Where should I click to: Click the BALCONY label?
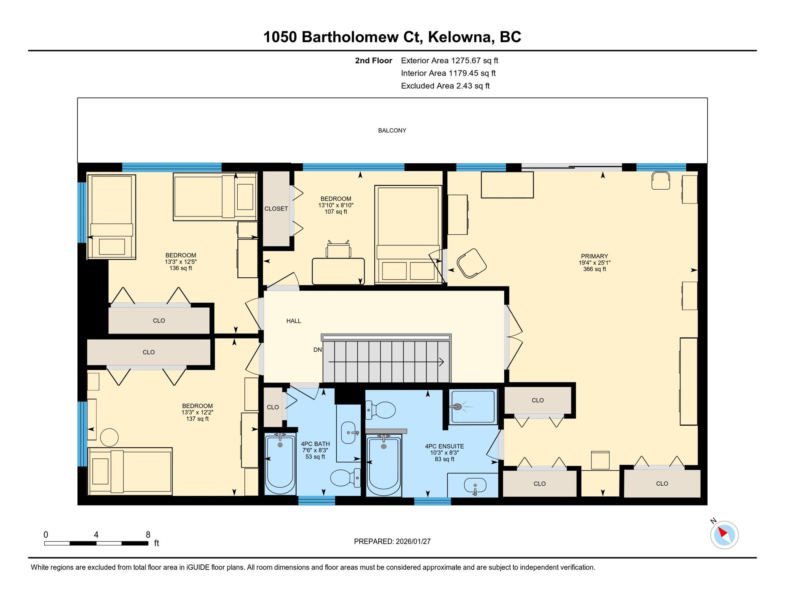click(x=392, y=130)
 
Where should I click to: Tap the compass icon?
click(x=724, y=535)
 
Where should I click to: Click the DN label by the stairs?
click(x=317, y=350)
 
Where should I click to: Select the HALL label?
click(x=293, y=321)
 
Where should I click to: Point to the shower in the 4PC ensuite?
click(x=473, y=407)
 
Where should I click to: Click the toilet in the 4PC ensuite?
click(x=381, y=410)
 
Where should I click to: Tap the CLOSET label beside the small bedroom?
click(x=276, y=209)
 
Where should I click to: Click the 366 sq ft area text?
click(x=594, y=269)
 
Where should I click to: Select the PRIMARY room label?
click(x=594, y=256)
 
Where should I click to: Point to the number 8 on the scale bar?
click(x=148, y=535)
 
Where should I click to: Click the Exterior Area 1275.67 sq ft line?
click(x=449, y=60)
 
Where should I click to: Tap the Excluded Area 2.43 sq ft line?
click(x=445, y=86)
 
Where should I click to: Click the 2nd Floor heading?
click(x=373, y=60)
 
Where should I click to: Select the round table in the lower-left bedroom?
click(x=109, y=437)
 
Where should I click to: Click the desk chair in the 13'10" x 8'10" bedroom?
click(x=338, y=250)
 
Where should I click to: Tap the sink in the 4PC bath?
click(x=348, y=432)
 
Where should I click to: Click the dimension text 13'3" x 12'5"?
click(x=180, y=262)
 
